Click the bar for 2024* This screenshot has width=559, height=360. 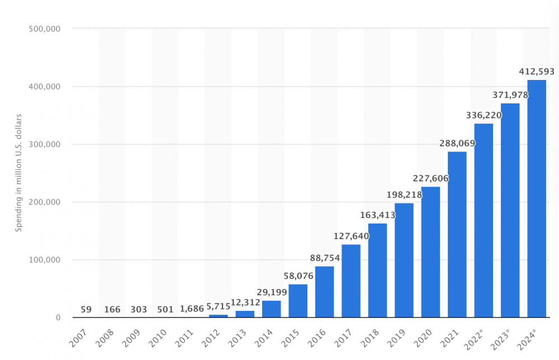537,198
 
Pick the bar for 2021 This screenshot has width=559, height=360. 457,234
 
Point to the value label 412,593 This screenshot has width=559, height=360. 537,72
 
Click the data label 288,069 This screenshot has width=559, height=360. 457,143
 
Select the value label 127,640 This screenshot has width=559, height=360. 351,236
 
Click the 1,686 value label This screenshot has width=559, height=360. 192,308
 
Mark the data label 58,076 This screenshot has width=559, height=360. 298,276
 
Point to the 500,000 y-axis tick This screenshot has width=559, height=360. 44,29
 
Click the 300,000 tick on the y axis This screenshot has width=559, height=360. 44,144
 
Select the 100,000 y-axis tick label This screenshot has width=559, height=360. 44,260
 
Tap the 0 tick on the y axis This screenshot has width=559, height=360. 58,318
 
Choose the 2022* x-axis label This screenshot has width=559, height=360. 479,338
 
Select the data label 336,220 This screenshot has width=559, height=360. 484,116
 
